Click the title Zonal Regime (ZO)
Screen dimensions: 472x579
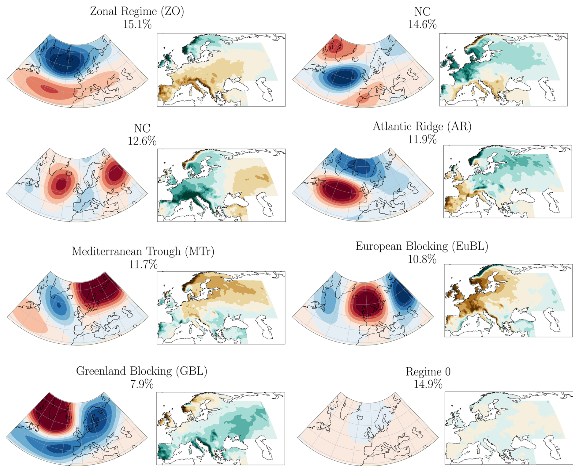[137, 12]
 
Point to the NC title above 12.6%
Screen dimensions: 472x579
[142, 128]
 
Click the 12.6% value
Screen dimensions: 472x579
[142, 141]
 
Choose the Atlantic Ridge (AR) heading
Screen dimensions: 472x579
[422, 126]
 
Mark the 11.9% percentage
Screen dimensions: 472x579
[422, 140]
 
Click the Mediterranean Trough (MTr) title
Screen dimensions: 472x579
[143, 251]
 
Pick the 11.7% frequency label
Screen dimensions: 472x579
[143, 264]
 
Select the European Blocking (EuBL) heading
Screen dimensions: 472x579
[422, 246]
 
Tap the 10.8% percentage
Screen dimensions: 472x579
[422, 259]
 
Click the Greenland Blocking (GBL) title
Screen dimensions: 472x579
[142, 371]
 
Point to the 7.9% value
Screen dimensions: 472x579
[142, 384]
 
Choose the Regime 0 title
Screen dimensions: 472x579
[428, 372]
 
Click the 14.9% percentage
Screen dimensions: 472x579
[428, 384]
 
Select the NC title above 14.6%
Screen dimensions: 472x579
[422, 12]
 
